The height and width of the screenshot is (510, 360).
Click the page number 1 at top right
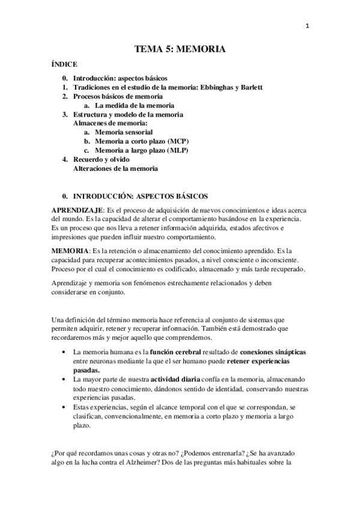[307, 25]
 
